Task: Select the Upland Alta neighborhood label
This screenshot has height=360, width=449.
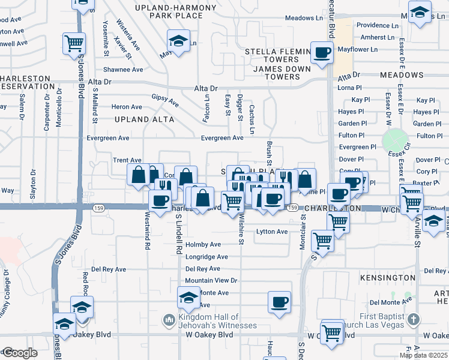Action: click(x=144, y=119)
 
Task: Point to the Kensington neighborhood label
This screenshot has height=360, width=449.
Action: click(x=388, y=278)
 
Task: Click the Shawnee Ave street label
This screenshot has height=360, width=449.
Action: click(x=123, y=70)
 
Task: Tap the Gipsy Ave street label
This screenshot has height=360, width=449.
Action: click(x=165, y=100)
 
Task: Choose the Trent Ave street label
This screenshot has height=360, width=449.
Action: click(x=127, y=160)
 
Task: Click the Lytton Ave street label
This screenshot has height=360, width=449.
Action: click(x=273, y=232)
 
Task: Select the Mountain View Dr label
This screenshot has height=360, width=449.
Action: click(x=211, y=280)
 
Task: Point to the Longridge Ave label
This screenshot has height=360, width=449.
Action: click(x=206, y=257)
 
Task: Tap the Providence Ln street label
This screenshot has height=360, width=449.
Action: click(x=378, y=26)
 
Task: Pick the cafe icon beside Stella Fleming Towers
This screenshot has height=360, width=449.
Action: click(x=322, y=52)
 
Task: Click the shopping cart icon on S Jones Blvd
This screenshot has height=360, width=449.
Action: click(x=74, y=43)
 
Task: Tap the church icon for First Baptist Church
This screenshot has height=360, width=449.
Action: click(x=412, y=319)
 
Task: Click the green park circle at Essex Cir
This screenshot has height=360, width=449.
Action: click(x=394, y=141)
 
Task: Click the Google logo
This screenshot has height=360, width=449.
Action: click(x=19, y=353)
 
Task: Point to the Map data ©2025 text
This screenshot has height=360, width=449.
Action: click(x=424, y=355)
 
